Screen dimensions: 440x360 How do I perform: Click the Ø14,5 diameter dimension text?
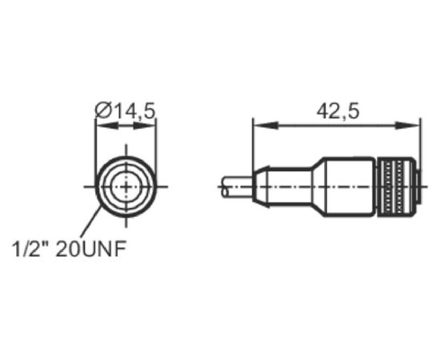(x=125, y=110)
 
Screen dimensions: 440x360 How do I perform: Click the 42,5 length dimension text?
(x=338, y=112)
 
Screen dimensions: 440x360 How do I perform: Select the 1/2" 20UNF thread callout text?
(x=69, y=249)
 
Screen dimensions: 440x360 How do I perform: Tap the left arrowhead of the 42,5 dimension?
(x=266, y=126)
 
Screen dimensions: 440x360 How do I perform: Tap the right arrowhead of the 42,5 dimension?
(x=407, y=126)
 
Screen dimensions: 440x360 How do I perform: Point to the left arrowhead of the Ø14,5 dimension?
(x=107, y=126)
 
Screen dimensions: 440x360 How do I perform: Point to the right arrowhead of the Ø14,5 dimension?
(x=145, y=126)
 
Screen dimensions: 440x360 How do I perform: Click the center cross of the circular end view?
(x=126, y=186)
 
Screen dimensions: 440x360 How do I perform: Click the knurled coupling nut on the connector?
(x=396, y=187)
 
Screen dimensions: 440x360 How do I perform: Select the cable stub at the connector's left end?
(x=238, y=187)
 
